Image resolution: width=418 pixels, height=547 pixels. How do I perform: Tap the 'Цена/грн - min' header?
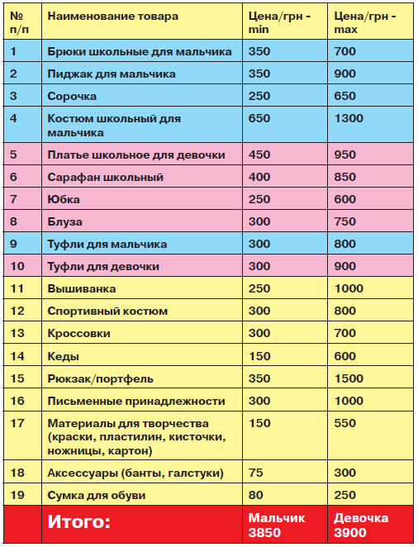[x=279, y=23]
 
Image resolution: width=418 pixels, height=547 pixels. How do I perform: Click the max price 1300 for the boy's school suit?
[x=349, y=119]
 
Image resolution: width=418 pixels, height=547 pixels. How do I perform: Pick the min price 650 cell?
[x=259, y=119]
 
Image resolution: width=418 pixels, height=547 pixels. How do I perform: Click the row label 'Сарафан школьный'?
[x=105, y=177]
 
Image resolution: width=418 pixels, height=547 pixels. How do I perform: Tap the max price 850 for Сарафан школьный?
[x=345, y=177]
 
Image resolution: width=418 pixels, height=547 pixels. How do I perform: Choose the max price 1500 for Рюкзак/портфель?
[x=349, y=378]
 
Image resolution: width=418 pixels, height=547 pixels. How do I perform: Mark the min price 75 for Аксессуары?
[x=256, y=473]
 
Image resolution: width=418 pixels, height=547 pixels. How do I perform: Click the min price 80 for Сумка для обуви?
[x=256, y=495]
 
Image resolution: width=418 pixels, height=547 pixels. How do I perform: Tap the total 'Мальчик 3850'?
[x=277, y=524]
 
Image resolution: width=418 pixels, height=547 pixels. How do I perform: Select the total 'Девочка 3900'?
[x=361, y=524]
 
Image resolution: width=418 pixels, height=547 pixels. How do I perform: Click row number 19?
[x=17, y=495]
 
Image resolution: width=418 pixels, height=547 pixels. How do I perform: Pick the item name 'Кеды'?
[x=63, y=356]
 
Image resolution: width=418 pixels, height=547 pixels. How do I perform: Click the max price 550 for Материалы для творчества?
[x=345, y=424]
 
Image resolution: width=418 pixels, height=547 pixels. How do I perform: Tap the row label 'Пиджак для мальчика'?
[x=111, y=74]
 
